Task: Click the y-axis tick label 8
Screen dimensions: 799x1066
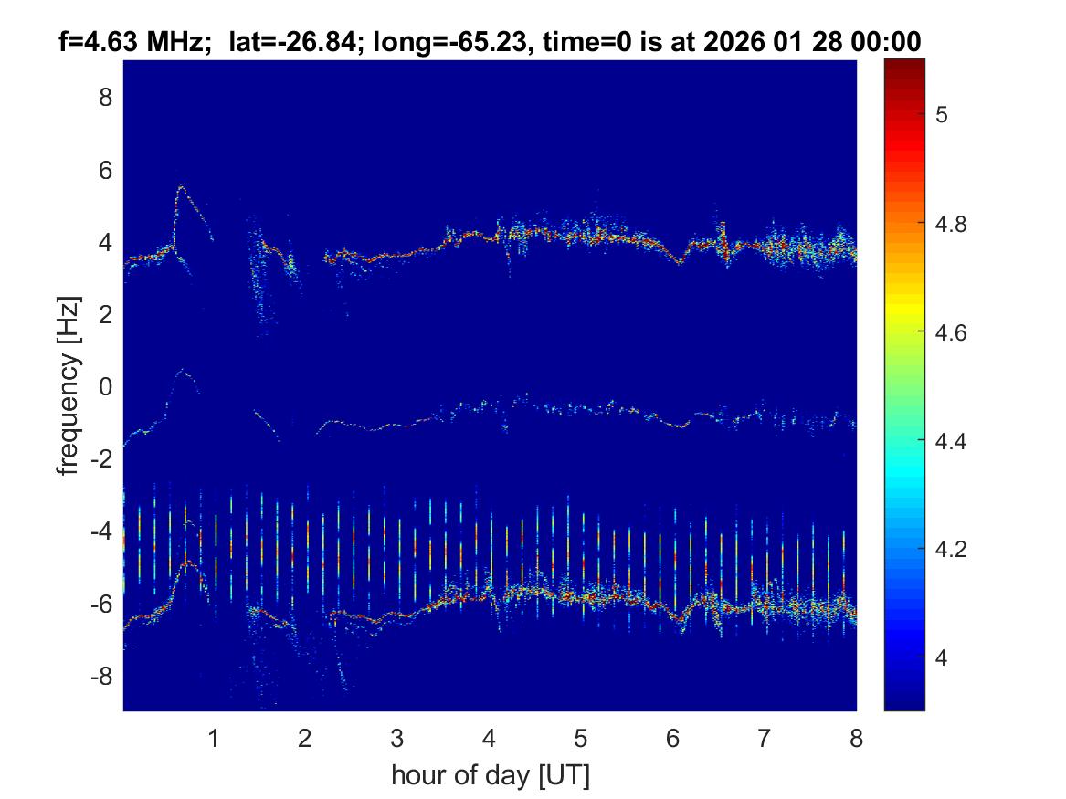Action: pos(105,97)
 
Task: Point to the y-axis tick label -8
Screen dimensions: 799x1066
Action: pos(101,677)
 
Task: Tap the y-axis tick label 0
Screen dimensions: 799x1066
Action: pos(105,386)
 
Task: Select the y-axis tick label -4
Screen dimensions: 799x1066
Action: pos(101,531)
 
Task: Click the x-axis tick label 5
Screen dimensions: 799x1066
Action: pos(580,738)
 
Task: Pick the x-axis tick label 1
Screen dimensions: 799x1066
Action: pos(214,738)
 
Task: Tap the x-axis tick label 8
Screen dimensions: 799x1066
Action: pos(856,738)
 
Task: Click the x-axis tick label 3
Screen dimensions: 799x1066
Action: pos(396,738)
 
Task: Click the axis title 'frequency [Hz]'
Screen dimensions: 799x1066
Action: pos(69,385)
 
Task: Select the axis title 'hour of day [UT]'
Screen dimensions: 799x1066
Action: pos(490,776)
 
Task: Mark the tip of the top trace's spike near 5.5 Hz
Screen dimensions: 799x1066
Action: pos(181,187)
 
